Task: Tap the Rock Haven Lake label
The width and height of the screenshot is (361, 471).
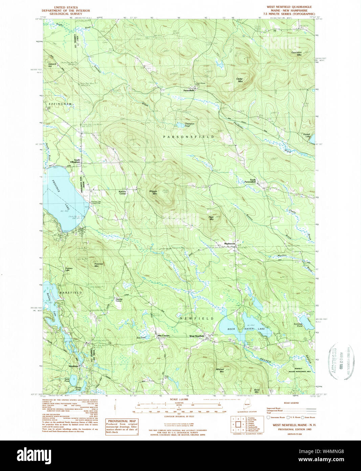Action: coord(246,329)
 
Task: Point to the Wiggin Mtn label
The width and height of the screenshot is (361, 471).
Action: coord(153,192)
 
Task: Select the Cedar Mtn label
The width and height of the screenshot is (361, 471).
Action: coord(240,80)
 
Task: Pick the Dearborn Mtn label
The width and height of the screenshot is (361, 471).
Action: coord(296,54)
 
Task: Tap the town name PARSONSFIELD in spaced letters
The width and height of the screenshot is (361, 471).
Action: coord(188,137)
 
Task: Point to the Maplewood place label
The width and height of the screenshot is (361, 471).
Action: coord(229,244)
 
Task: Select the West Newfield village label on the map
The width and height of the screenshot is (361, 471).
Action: coord(197,336)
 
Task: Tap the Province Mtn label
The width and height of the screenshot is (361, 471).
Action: coord(98,265)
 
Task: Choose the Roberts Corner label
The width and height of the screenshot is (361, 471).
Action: coord(122,193)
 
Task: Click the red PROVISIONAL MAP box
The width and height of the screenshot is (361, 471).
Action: coord(122,427)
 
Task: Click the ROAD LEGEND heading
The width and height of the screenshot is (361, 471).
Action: coord(291,403)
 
